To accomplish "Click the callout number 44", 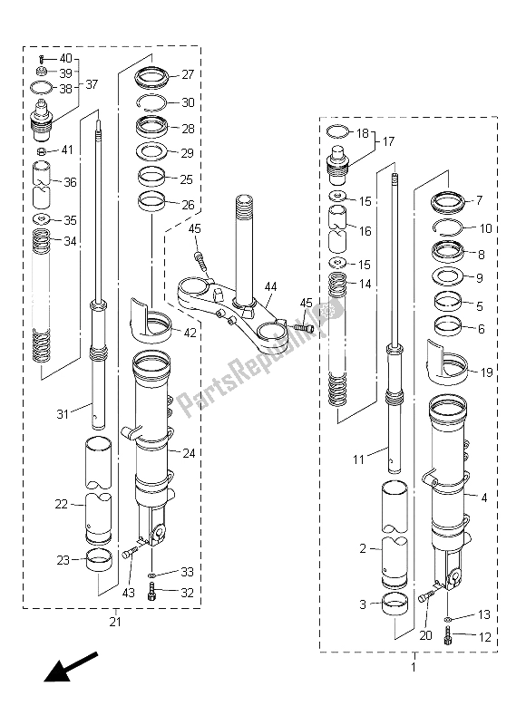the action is click(x=270, y=286).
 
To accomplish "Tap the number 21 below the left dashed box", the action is click(x=115, y=622).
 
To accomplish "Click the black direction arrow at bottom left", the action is click(x=71, y=666).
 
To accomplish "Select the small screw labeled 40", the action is click(x=41, y=59).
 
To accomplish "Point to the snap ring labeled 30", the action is click(x=152, y=103).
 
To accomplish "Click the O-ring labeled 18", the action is click(x=338, y=131).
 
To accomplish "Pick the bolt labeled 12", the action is click(x=447, y=635).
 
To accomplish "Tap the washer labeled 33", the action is click(x=151, y=575).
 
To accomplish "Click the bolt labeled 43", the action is click(x=131, y=551).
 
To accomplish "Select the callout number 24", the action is click(x=189, y=453).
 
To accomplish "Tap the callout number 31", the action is click(x=63, y=414).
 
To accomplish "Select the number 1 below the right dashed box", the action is click(x=414, y=668).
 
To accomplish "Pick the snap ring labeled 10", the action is click(x=447, y=227).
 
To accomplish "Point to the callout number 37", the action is click(x=92, y=84).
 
